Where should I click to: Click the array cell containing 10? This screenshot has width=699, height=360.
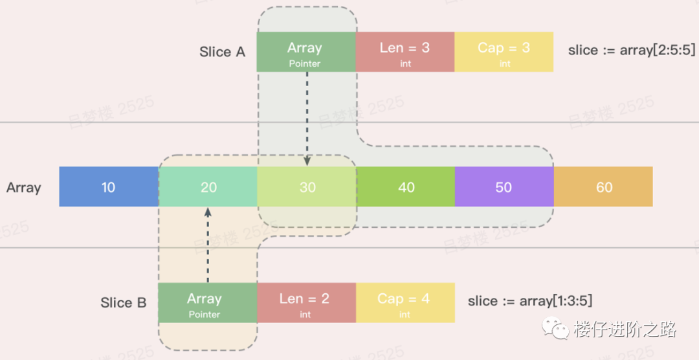109,187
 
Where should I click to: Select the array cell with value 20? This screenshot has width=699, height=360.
208,187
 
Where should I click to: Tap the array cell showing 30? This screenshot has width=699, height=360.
307,187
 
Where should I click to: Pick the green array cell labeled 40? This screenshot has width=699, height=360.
406,187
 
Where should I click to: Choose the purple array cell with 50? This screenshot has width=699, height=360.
504,187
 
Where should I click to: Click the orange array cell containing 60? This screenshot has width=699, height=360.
603,187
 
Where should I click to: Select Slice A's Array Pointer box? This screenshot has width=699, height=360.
305,52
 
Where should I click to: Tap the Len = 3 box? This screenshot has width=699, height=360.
405,52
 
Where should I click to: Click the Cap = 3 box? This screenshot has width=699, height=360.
504,52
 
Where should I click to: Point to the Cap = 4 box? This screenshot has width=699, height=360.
405,302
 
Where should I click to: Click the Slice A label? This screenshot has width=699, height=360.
223,52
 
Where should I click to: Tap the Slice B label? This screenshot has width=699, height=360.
124,303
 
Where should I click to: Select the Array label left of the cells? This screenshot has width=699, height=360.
24,188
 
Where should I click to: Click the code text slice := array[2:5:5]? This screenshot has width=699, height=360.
619,51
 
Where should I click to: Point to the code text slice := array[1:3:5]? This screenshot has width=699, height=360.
530,301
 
